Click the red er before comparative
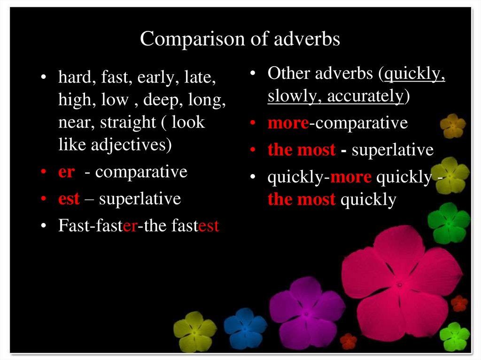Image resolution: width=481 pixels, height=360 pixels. (66, 172)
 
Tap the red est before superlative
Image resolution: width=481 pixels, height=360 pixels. (69, 199)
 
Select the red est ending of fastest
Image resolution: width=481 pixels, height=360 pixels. (209, 226)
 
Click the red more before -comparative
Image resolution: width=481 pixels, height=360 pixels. (288, 123)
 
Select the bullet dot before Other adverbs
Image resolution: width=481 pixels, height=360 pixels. (253, 74)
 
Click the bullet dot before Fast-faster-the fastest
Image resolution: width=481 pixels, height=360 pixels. (43, 227)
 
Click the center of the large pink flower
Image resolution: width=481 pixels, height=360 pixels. (399, 283)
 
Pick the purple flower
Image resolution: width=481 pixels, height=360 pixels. (307, 312)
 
